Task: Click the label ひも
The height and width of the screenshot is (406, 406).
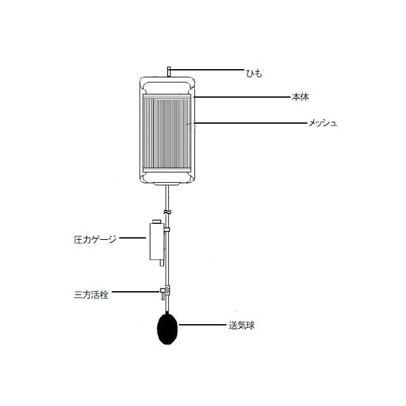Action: pyautogui.click(x=254, y=74)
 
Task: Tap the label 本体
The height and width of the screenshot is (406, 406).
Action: pyautogui.click(x=300, y=97)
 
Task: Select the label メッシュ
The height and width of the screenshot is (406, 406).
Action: pyautogui.click(x=323, y=123)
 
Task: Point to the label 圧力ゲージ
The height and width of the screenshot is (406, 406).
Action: pyautogui.click(x=95, y=239)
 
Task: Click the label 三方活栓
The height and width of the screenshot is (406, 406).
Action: pyautogui.click(x=91, y=295)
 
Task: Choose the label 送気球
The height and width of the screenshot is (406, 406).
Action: pyautogui.click(x=242, y=325)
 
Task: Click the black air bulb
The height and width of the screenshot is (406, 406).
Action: pyautogui.click(x=167, y=329)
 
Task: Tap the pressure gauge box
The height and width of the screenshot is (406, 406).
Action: pyautogui.click(x=157, y=242)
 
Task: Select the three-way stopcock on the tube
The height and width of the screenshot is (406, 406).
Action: pyautogui.click(x=166, y=292)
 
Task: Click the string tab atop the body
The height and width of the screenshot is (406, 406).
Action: pyautogui.click(x=169, y=72)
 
